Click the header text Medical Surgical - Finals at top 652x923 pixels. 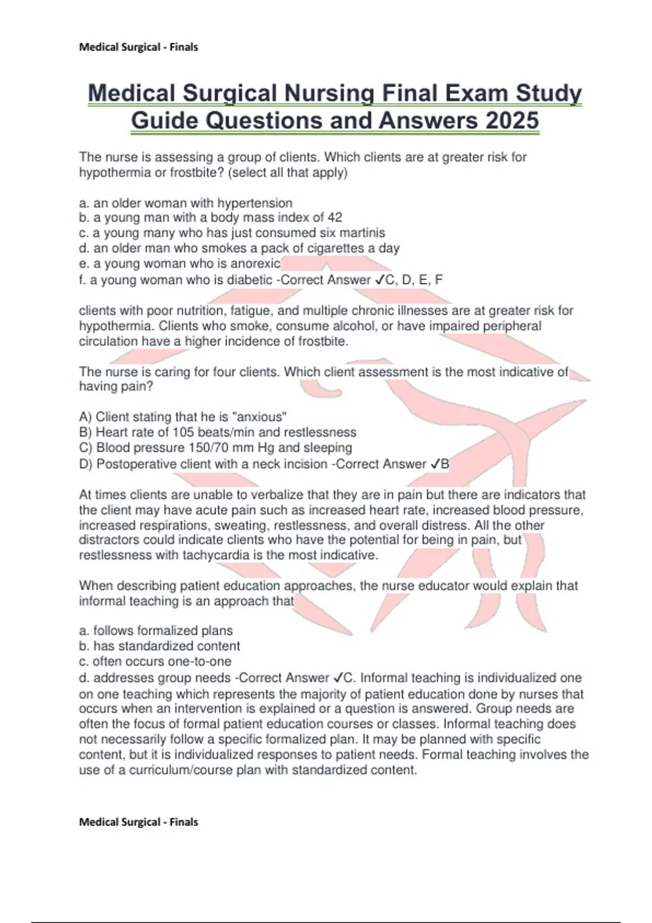click(x=139, y=47)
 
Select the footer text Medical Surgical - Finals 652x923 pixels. click(x=139, y=822)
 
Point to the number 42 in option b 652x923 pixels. click(x=335, y=218)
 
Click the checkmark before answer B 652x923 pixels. click(x=434, y=464)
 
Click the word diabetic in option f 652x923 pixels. click(x=249, y=280)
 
